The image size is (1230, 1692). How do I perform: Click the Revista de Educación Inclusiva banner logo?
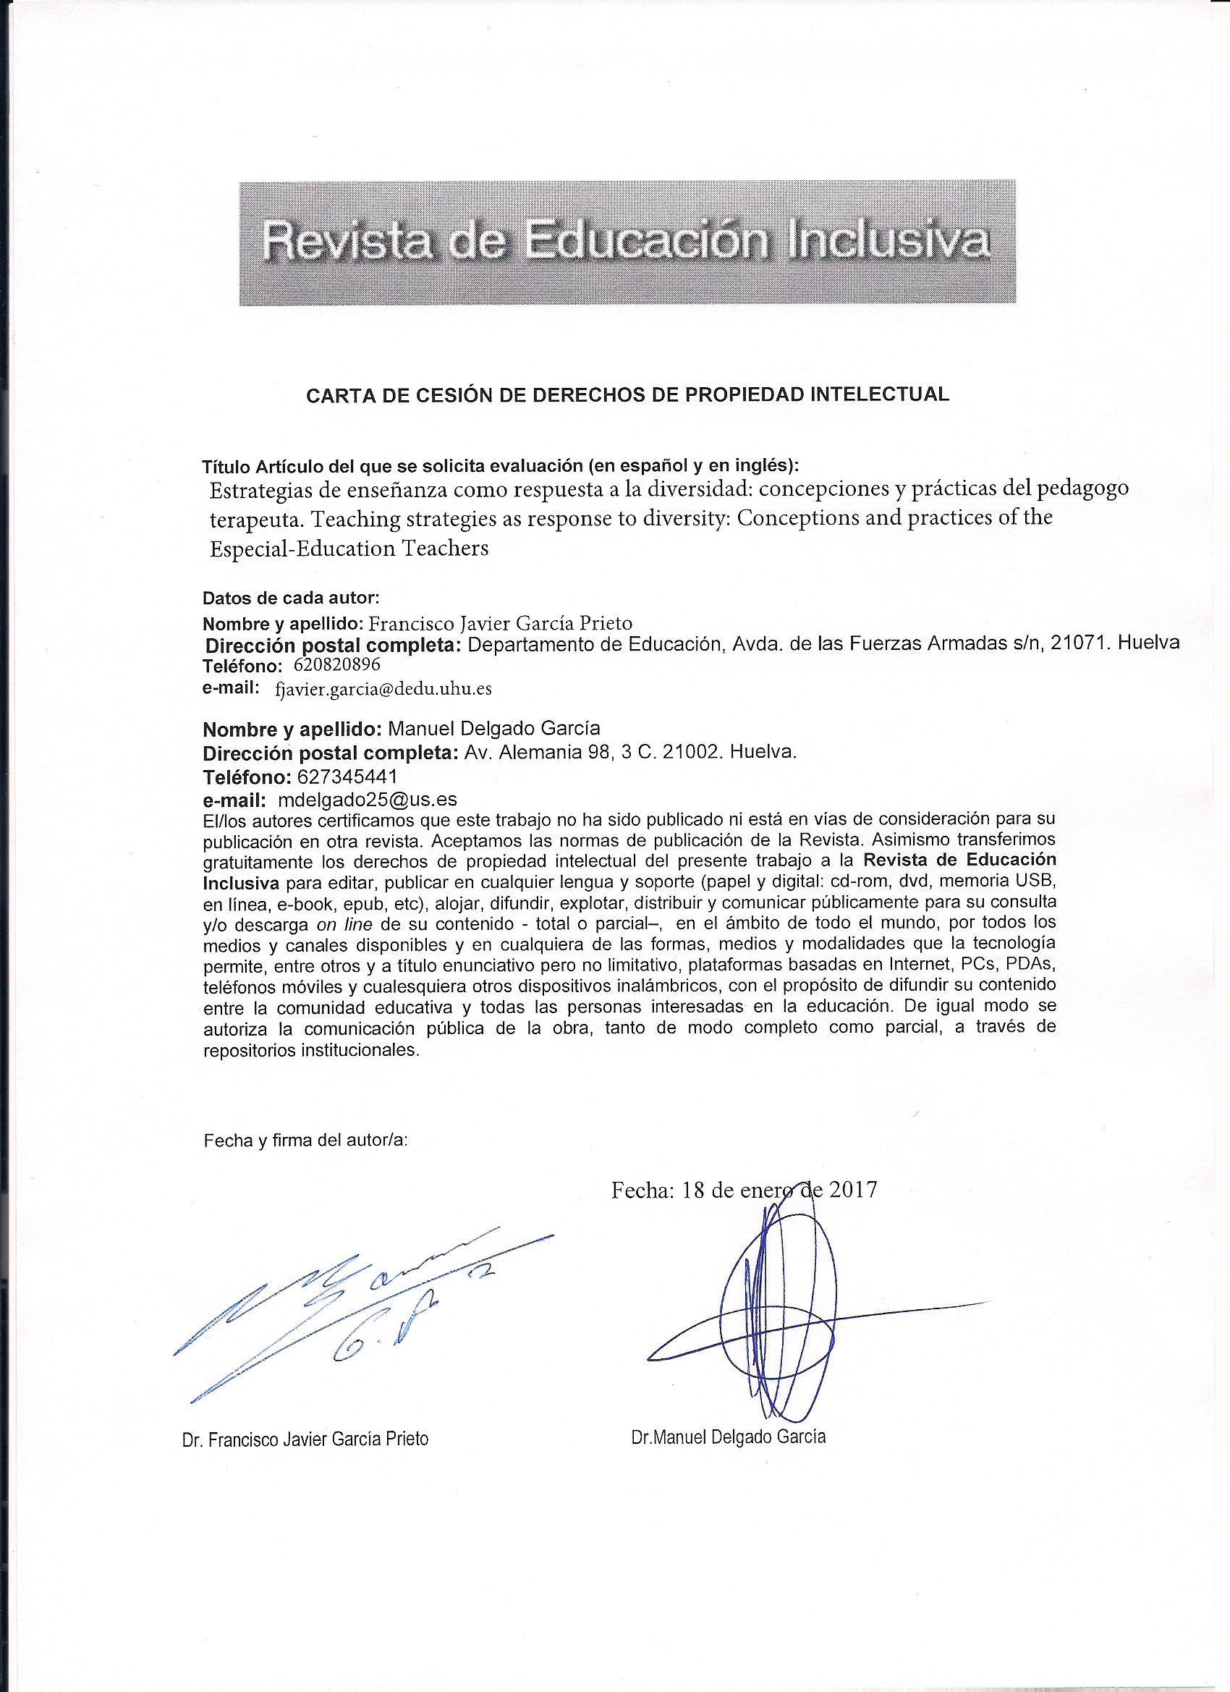627,242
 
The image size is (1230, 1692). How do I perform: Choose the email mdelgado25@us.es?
366,800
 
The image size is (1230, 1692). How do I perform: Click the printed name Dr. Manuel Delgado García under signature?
728,1437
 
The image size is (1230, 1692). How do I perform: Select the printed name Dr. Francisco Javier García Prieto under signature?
305,1439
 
